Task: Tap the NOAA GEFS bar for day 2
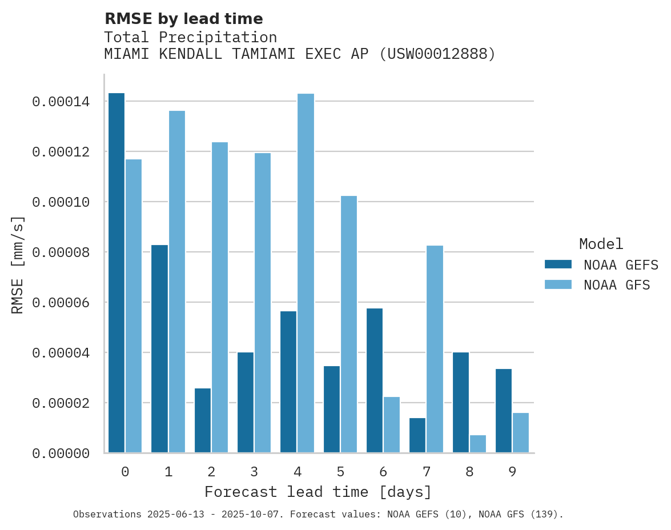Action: pos(203,420)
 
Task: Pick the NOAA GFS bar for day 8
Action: pos(478,444)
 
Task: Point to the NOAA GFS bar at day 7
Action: pos(435,349)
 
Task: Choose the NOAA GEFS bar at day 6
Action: pos(375,380)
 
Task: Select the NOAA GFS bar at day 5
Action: pos(348,324)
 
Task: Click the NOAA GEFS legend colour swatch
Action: pos(558,264)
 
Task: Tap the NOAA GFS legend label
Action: pos(617,285)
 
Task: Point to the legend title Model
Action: pos(601,244)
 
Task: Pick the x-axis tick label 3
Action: pos(254,472)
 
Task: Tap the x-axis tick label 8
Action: pos(469,472)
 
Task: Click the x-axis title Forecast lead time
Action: pos(318,492)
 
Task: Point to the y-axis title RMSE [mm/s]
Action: pos(18,265)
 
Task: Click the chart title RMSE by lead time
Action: pos(183,19)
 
